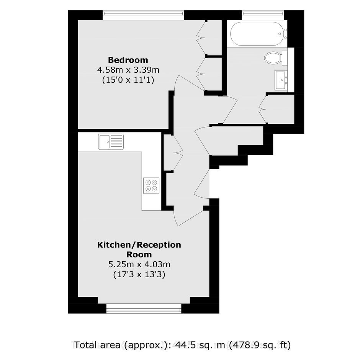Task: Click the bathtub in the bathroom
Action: click(259, 34)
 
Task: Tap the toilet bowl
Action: click(272, 57)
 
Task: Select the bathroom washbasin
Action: click(281, 80)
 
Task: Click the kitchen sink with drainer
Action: click(111, 142)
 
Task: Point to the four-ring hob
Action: click(151, 185)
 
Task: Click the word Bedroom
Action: click(128, 60)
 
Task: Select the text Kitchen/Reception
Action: click(139, 245)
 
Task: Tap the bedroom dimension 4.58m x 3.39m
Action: click(128, 70)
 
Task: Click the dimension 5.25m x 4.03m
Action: click(139, 265)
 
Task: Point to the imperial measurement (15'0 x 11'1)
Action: click(128, 80)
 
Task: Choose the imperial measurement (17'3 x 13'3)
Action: click(139, 275)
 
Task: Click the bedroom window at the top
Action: click(143, 15)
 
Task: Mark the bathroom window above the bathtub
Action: click(263, 15)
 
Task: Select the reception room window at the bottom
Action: click(144, 308)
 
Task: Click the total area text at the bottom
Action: click(182, 345)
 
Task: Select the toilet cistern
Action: click(285, 58)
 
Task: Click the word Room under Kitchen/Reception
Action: click(139, 255)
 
